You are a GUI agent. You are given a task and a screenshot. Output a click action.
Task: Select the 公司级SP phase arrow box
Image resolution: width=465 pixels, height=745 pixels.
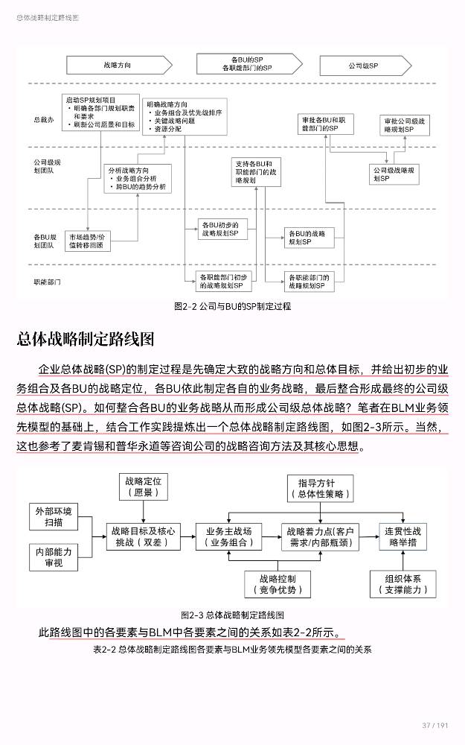(x=364, y=66)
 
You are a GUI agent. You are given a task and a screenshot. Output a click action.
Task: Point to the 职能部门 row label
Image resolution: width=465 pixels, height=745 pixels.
(x=46, y=282)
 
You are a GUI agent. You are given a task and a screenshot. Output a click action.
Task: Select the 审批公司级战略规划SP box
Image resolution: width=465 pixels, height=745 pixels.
(x=405, y=124)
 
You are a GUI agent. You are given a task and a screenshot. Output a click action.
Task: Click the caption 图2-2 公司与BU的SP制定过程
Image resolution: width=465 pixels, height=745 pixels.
(x=232, y=306)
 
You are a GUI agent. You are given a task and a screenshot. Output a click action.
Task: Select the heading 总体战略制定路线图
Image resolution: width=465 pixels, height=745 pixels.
(x=86, y=340)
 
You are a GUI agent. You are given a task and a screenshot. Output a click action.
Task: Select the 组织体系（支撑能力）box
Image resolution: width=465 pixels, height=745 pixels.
(x=403, y=583)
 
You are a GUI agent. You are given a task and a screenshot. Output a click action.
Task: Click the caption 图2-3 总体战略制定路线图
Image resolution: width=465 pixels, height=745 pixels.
(x=232, y=615)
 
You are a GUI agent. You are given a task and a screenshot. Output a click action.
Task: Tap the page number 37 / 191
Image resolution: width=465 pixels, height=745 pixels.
(x=435, y=725)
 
